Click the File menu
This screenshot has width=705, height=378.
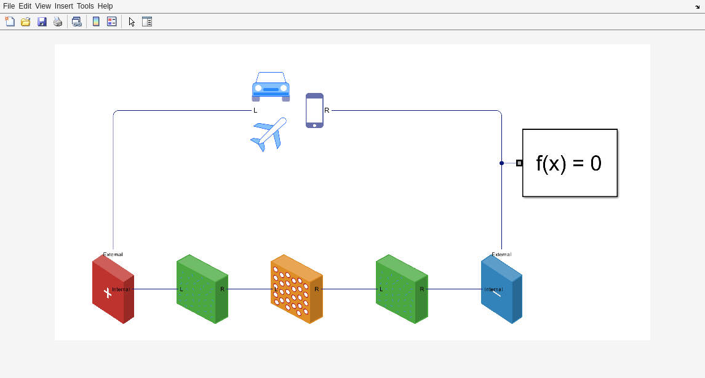[x=9, y=6]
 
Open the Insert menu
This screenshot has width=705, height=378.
[x=63, y=6]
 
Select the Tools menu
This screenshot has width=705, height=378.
[x=85, y=6]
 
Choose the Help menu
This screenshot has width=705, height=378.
[x=105, y=6]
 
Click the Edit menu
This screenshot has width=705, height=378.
[x=25, y=6]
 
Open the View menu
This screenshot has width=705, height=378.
[x=43, y=6]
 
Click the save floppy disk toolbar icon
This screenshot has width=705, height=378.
[x=42, y=22]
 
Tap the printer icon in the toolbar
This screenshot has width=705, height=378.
[x=58, y=22]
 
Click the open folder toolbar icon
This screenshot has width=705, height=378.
[x=26, y=22]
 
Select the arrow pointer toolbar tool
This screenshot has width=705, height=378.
[x=132, y=22]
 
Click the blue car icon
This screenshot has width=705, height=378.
[x=271, y=87]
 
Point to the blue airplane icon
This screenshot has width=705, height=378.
[x=269, y=134]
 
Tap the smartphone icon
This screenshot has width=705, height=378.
[x=314, y=110]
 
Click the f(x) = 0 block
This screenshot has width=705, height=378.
[x=570, y=163]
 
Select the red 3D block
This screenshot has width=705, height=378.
[x=113, y=289]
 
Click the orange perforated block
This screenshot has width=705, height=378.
[x=296, y=289]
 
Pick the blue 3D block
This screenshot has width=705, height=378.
[x=501, y=289]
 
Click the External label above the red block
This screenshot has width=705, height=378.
[x=113, y=254]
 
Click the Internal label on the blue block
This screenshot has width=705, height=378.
[x=493, y=289]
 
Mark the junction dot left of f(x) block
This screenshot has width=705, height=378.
[x=501, y=163]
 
